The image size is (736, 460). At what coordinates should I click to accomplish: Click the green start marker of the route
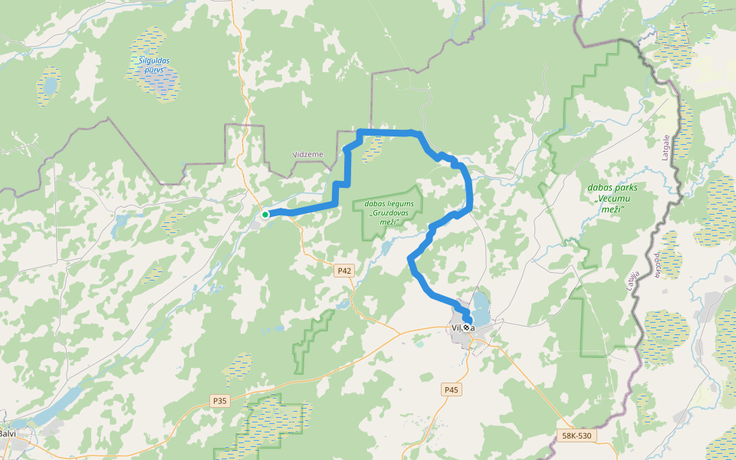(x=265, y=215)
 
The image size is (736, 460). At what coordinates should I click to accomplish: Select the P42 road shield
(x=343, y=271)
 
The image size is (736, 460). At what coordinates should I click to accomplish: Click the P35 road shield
(x=220, y=400)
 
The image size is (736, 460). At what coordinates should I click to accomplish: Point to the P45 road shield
(x=452, y=390)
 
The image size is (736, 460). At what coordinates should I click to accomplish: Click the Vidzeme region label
(x=308, y=154)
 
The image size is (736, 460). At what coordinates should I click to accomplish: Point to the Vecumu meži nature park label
(x=611, y=198)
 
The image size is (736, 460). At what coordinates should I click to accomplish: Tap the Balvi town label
(x=8, y=434)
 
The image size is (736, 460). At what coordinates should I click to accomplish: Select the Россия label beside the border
(x=658, y=268)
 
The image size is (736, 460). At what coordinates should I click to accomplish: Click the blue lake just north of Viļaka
(x=481, y=307)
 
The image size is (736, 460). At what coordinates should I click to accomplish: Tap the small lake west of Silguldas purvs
(x=50, y=85)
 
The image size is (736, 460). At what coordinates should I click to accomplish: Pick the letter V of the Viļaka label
(x=455, y=329)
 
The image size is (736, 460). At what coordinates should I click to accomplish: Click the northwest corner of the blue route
(x=360, y=133)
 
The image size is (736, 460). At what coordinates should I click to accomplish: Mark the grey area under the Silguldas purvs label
(x=163, y=86)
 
